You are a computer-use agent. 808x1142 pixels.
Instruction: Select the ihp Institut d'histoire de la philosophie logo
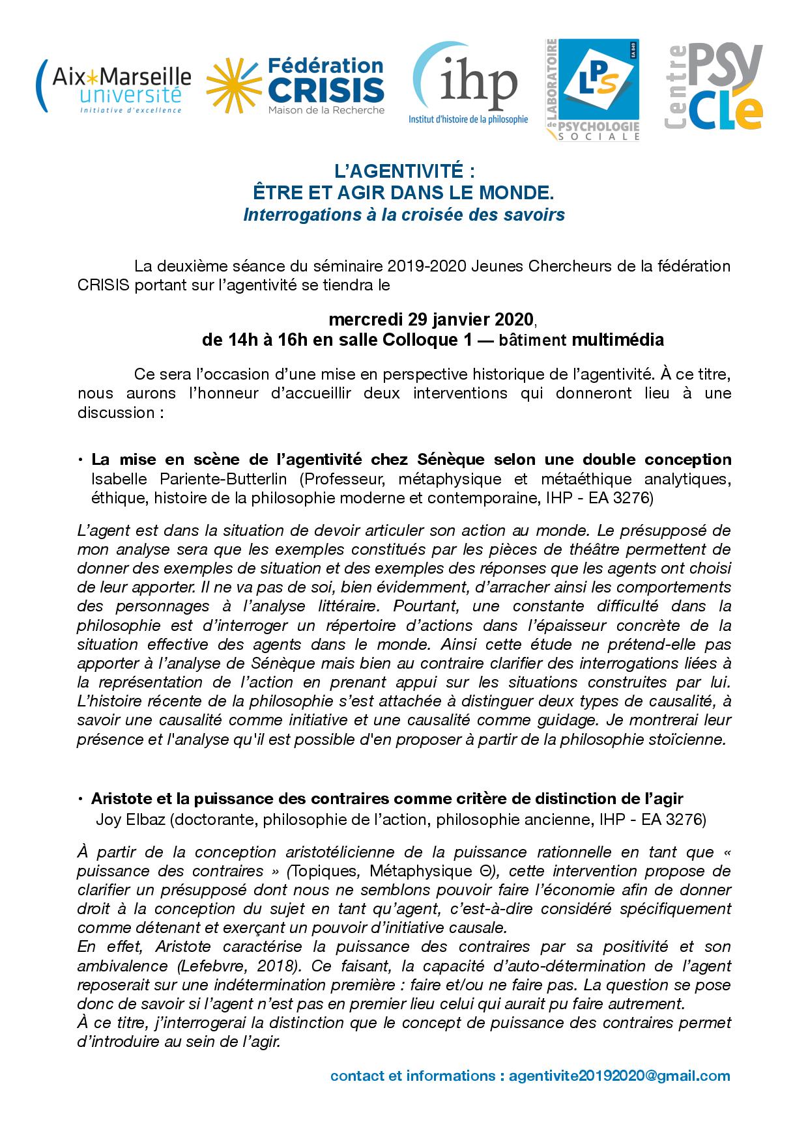point(468,85)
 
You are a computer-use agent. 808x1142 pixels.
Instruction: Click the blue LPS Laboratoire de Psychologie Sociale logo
point(592,89)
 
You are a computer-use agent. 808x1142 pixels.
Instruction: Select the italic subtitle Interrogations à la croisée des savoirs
point(404,214)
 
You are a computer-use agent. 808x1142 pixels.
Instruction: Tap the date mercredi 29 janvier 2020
point(431,320)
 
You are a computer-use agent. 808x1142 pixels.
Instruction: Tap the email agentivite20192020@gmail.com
point(619,1076)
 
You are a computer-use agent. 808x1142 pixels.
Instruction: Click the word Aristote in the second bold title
point(119,798)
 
